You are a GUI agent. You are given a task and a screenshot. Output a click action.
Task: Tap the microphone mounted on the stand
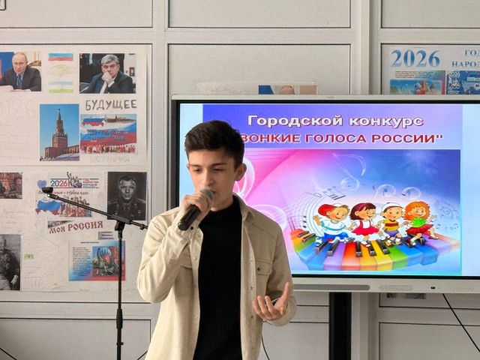(47, 191)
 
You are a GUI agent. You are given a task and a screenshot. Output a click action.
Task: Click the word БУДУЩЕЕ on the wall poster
(109, 104)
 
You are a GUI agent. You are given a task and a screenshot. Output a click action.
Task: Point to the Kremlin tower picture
(59, 133)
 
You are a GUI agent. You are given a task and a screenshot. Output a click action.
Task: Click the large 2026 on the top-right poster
(415, 58)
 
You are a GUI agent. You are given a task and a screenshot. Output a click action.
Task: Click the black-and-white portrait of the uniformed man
(127, 196)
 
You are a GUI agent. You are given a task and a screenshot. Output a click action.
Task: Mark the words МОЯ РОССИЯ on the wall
(76, 226)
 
